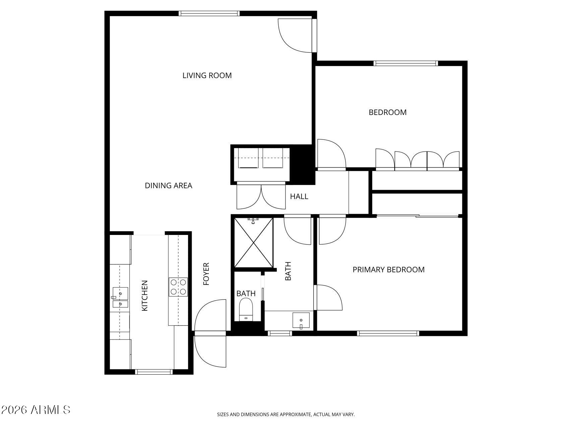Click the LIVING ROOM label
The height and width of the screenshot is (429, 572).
pyautogui.click(x=207, y=75)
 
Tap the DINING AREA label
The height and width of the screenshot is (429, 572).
pyautogui.click(x=168, y=185)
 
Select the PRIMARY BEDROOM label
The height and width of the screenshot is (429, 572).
pyautogui.click(x=388, y=269)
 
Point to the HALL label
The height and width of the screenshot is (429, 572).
pyautogui.click(x=299, y=196)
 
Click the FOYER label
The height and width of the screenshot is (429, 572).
pyautogui.click(x=206, y=274)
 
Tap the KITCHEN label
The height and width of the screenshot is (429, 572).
pyautogui.click(x=145, y=296)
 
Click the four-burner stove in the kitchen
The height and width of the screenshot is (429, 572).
pyautogui.click(x=178, y=287)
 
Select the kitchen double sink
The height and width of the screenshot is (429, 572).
pyautogui.click(x=120, y=298)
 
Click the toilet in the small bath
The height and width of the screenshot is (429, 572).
pyautogui.click(x=246, y=309)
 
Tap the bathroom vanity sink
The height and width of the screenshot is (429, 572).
pyautogui.click(x=301, y=320)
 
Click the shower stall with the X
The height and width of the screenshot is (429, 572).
pyautogui.click(x=253, y=242)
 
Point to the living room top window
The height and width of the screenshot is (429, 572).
pyautogui.click(x=209, y=13)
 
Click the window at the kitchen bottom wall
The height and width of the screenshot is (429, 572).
pyautogui.click(x=154, y=371)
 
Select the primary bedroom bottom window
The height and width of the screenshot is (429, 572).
pyautogui.click(x=388, y=333)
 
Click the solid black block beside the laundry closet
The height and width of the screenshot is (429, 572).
pyautogui.click(x=303, y=164)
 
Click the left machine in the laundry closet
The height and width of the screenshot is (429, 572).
pyautogui.click(x=248, y=158)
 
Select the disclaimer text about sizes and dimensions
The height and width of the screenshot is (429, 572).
pyautogui.click(x=285, y=415)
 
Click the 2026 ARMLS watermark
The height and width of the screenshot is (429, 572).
pyautogui.click(x=36, y=410)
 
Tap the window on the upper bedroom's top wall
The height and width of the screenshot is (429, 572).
pyautogui.click(x=405, y=63)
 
